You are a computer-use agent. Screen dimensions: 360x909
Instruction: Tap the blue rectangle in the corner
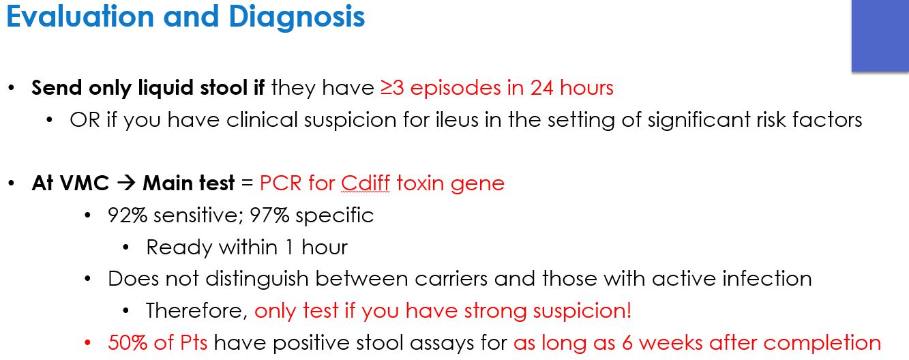pos(880,35)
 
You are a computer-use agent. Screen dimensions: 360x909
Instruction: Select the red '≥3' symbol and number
pos(393,88)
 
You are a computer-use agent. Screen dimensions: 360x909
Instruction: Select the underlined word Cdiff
pos(366,183)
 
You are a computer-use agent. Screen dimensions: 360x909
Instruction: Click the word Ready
pos(175,247)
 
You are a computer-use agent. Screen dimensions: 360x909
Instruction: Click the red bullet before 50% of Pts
pos(87,343)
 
